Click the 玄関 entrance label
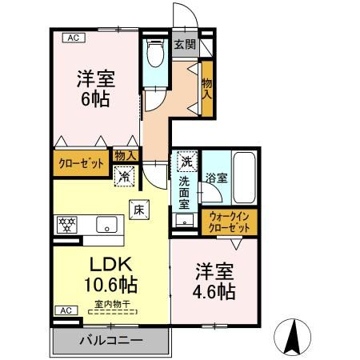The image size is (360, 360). (x=186, y=45)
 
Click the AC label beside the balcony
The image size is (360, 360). (x=63, y=310)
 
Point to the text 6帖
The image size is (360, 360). (x=94, y=102)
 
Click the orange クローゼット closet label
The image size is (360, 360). (x=81, y=163)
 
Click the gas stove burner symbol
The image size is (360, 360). (x=69, y=224)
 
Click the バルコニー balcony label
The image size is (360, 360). (x=110, y=340)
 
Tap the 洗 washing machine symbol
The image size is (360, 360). (x=186, y=161)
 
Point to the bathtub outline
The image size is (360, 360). (x=244, y=178)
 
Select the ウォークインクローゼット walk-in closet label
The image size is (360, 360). (x=229, y=221)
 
